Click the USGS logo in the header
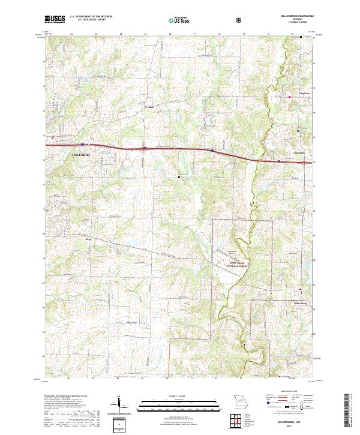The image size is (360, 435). click(55, 19)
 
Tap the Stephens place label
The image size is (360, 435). click(295, 94)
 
